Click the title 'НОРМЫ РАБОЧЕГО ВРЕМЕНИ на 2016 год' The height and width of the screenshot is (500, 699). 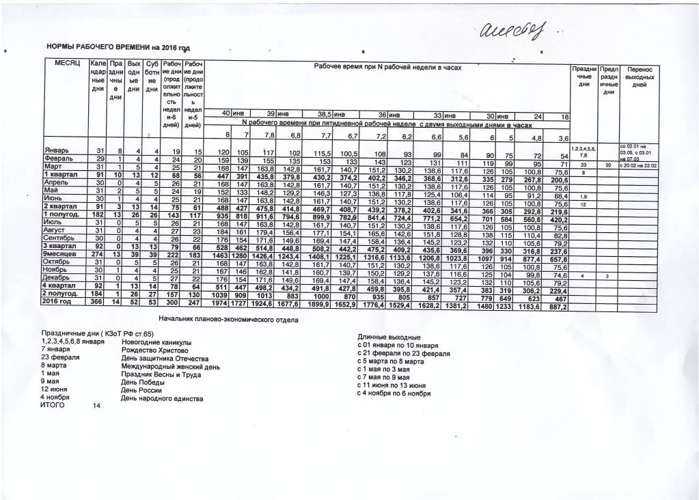[117, 47]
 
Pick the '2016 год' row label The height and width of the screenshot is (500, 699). [59, 301]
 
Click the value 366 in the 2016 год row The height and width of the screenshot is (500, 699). [100, 301]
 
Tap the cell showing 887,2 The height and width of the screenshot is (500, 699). [558, 301]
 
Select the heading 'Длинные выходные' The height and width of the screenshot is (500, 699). [389, 337]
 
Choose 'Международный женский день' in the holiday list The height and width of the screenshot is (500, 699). [170, 366]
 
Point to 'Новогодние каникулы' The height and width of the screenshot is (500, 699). [156, 342]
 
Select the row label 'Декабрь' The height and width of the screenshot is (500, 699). [57, 278]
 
